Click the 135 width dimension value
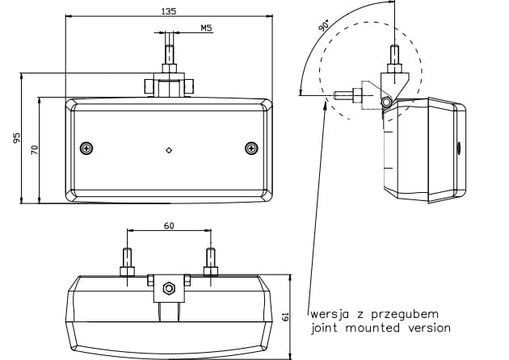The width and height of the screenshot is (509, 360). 169,11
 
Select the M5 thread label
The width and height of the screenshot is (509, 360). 206,28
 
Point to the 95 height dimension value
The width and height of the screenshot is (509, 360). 16,138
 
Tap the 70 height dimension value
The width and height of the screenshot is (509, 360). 35,150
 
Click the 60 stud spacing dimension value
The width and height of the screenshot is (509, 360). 169,226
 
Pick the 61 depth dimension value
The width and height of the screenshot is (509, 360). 285,317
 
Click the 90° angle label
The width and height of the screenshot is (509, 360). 324,25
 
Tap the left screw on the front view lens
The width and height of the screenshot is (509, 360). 86,149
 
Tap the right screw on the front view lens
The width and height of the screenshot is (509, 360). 251,149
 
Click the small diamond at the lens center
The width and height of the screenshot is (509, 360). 169,150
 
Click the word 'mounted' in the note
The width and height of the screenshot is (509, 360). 372,328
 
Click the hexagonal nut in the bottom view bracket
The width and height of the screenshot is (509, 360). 169,288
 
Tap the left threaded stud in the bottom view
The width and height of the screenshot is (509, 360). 128,262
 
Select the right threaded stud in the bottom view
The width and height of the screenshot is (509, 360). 211,262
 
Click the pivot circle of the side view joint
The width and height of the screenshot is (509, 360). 387,102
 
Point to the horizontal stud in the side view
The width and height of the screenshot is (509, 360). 348,95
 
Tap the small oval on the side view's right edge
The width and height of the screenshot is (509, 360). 460,149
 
